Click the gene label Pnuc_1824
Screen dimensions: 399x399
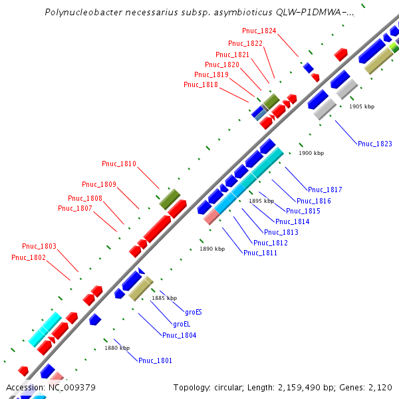(x=259, y=31)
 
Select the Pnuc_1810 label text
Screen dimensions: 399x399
(x=119, y=164)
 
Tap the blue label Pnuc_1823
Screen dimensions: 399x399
(x=375, y=144)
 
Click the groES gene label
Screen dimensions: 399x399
(x=193, y=311)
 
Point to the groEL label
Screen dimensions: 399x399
(x=182, y=324)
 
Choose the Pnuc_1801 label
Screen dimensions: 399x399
(x=156, y=360)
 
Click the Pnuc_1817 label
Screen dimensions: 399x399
(x=325, y=190)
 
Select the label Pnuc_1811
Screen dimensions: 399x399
(x=261, y=253)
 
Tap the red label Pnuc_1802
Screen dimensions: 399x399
(x=29, y=257)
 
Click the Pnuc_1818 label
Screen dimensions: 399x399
(x=201, y=84)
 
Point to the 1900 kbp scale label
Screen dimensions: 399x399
(x=311, y=153)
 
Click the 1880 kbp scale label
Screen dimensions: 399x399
(x=117, y=348)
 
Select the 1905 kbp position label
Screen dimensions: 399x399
(x=362, y=106)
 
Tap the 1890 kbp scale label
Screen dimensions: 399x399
(x=212, y=249)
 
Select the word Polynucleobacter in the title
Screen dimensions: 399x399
(x=78, y=12)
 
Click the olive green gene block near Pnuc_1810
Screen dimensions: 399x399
(x=170, y=198)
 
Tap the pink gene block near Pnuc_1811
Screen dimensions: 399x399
(x=211, y=217)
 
